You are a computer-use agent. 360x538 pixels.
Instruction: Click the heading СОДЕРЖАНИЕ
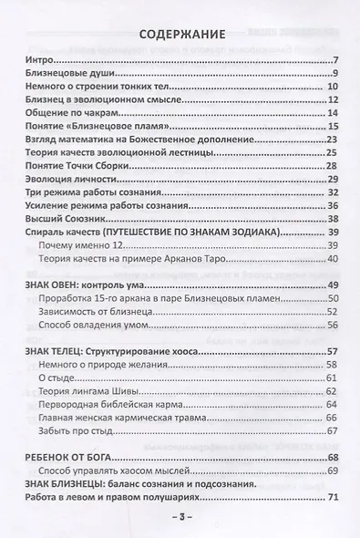coord(179,36)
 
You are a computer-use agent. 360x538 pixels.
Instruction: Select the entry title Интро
coord(33,61)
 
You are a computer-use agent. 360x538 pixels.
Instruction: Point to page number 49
coord(333,286)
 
